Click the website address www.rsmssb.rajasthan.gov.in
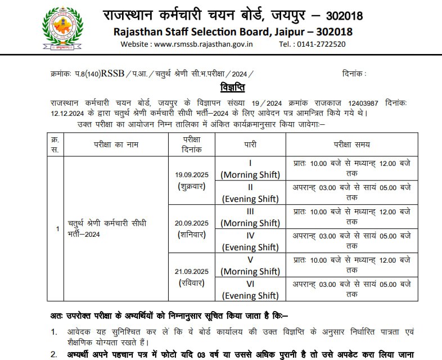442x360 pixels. click(x=203, y=44)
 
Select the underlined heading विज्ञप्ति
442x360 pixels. click(x=233, y=89)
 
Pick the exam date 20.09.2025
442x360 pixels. click(x=191, y=223)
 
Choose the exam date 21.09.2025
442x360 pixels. click(x=191, y=271)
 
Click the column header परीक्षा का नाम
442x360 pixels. click(x=116, y=145)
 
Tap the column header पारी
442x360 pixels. click(x=250, y=145)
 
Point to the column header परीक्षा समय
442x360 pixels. click(x=351, y=145)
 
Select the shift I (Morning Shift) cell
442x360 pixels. click(x=250, y=168)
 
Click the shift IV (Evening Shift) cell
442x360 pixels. click(x=250, y=241)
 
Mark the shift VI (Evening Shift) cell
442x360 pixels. click(x=250, y=289)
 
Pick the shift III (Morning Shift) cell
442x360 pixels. click(x=250, y=217)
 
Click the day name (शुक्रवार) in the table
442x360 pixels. click(x=191, y=186)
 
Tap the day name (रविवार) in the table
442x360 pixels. click(x=191, y=283)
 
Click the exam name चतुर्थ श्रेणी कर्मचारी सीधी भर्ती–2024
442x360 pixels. click(x=107, y=228)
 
